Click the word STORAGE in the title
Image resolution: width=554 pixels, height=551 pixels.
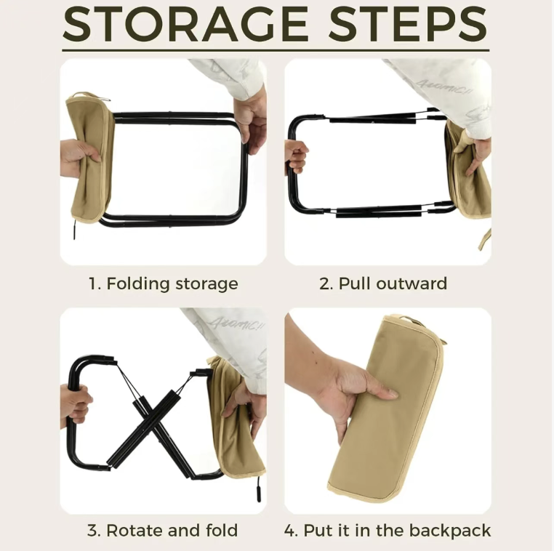point(185,24)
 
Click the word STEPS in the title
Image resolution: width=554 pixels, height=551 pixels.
point(407,24)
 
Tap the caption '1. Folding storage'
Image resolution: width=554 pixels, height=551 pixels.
point(163,284)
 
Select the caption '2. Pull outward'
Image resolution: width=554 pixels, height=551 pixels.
point(383,283)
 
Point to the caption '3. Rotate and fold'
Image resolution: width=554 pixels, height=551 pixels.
point(163,531)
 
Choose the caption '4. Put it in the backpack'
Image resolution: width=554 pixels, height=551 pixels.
point(388,531)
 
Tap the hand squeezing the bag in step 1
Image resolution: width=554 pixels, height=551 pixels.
point(80,157)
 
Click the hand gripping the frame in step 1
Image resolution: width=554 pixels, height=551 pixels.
point(251,124)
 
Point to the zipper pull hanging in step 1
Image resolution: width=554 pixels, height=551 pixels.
point(75,230)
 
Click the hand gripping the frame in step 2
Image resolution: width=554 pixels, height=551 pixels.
point(296,157)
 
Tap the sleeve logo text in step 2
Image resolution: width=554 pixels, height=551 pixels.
point(439,87)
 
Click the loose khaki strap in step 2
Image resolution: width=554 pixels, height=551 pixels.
point(484,239)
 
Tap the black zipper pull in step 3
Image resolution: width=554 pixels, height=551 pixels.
point(258,489)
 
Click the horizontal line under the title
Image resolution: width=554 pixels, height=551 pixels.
point(276,50)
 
